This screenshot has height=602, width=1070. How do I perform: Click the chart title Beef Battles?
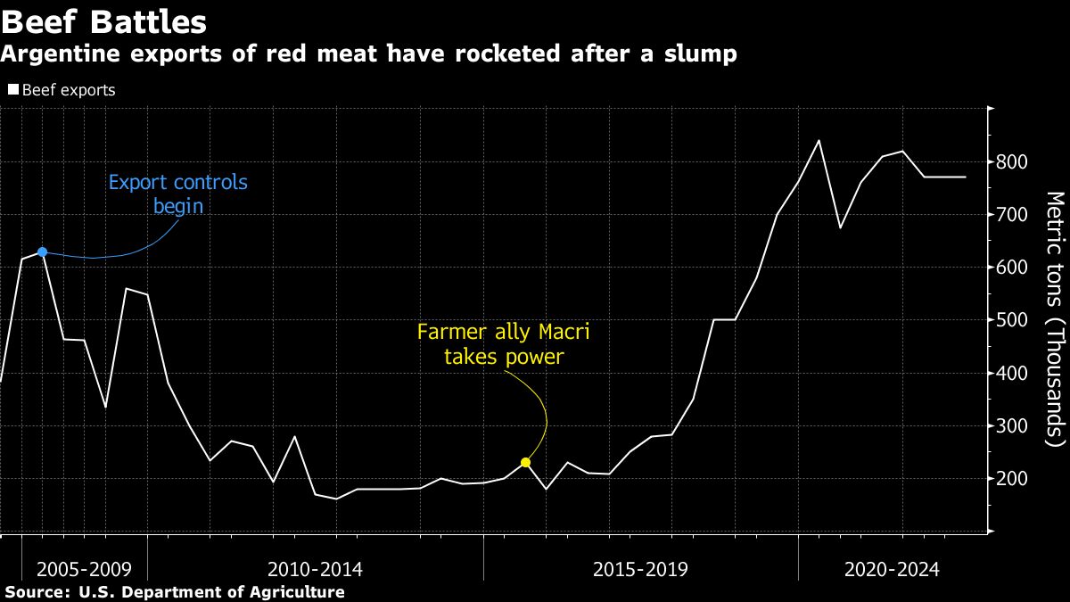click(x=104, y=21)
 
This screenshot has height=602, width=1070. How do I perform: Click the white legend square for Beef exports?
click(x=12, y=90)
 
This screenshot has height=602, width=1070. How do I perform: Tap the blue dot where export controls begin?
click(x=42, y=252)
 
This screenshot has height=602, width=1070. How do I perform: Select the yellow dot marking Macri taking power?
click(x=526, y=462)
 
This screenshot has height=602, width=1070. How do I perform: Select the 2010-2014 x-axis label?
click(x=315, y=569)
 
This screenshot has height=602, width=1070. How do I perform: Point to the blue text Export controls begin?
click(x=177, y=194)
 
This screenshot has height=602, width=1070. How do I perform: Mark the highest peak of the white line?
click(x=819, y=140)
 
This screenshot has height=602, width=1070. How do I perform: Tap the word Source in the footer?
click(x=36, y=592)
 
